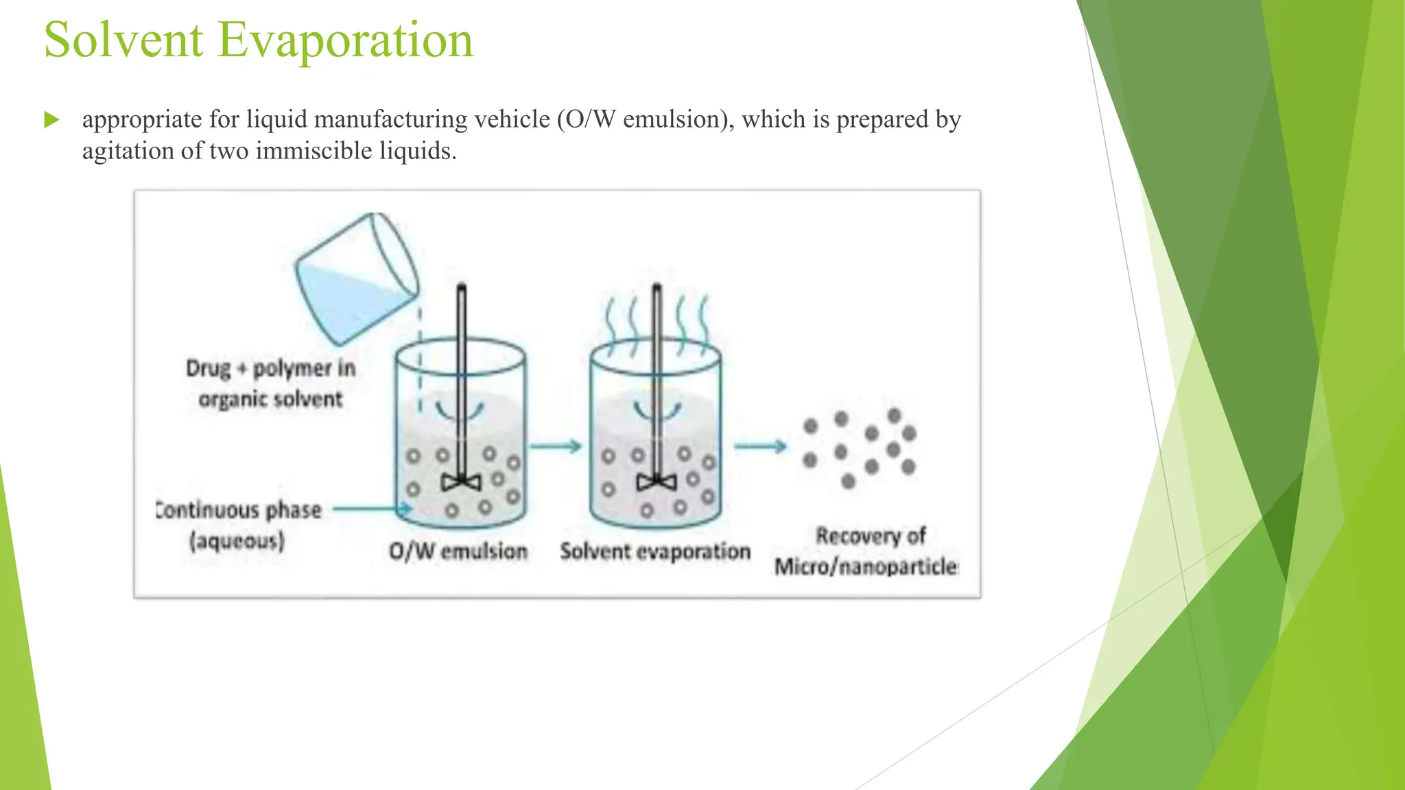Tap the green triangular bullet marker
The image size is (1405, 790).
point(51,120)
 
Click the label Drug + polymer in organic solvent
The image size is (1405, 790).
point(270,383)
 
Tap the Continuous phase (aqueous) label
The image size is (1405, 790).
point(238,525)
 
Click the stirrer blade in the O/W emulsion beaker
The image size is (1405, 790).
point(461,482)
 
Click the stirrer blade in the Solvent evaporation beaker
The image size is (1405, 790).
point(657,482)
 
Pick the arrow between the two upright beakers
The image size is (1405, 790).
point(556,447)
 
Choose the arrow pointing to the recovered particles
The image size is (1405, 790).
point(760,447)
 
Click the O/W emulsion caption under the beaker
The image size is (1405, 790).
point(458,551)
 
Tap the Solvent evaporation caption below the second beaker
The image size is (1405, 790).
point(655,551)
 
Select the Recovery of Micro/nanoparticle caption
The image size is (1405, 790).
point(867,551)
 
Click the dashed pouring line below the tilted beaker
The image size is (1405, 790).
point(421,357)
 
